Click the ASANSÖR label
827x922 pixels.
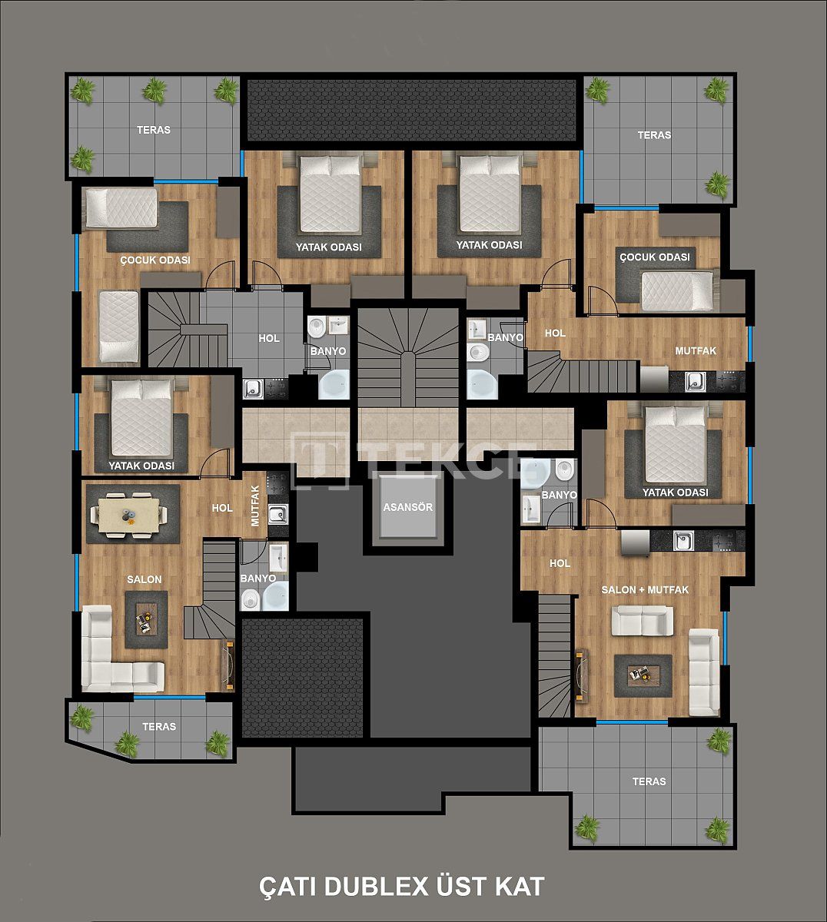408,508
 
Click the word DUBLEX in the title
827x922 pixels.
375,886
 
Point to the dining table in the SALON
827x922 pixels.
128,513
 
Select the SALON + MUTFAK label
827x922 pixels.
644,590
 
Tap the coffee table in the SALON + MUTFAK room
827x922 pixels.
643,674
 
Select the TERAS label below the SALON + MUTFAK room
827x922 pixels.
649,781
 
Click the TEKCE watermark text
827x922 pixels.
446,459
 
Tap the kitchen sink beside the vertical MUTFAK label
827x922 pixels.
277,514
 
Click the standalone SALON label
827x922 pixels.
144,579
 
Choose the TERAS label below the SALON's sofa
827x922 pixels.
159,727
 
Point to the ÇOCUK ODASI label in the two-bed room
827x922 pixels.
154,260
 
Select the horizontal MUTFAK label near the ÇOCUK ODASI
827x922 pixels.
695,350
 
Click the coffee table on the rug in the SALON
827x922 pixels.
144,617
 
